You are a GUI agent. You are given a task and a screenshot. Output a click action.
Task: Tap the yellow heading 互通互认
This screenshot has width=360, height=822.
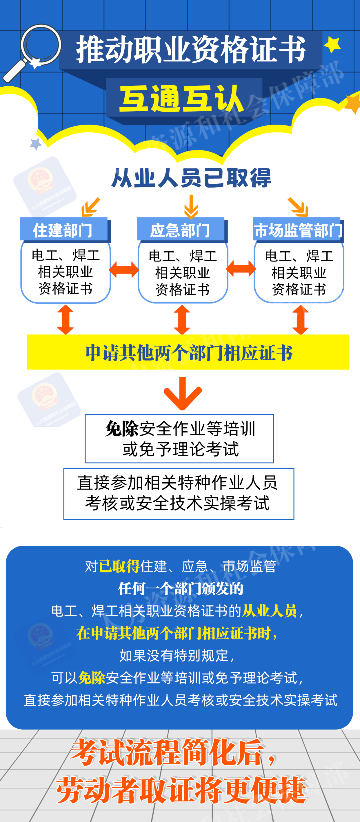click(x=182, y=99)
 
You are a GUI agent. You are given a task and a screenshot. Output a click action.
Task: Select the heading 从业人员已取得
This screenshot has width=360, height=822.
click(x=191, y=178)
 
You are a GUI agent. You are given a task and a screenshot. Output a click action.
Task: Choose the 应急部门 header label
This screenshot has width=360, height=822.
click(x=180, y=230)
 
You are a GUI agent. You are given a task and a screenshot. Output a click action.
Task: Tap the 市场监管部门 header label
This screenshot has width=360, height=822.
click(x=298, y=230)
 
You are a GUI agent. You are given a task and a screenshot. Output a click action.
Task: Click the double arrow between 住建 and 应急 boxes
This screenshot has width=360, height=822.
click(x=124, y=270)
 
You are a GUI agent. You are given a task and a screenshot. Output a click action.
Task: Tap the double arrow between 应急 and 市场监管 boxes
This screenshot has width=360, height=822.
click(x=241, y=269)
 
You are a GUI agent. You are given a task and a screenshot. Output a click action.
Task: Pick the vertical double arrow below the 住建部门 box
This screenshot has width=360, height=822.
click(x=65, y=319)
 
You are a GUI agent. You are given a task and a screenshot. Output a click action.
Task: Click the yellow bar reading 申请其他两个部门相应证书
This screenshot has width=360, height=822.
click(x=188, y=352)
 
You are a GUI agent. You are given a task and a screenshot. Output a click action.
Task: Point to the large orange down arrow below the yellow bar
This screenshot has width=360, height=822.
click(x=183, y=393)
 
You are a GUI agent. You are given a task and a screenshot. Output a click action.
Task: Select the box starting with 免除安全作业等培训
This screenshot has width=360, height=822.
click(x=179, y=439)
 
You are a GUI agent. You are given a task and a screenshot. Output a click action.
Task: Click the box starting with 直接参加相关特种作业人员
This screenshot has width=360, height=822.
click(x=179, y=494)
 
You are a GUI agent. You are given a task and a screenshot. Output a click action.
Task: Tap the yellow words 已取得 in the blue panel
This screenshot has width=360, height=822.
click(x=119, y=566)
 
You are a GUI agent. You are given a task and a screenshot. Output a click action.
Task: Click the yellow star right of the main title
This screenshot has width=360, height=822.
click(x=332, y=44)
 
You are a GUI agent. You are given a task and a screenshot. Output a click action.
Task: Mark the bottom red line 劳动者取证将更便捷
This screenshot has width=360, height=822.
click(x=181, y=790)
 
